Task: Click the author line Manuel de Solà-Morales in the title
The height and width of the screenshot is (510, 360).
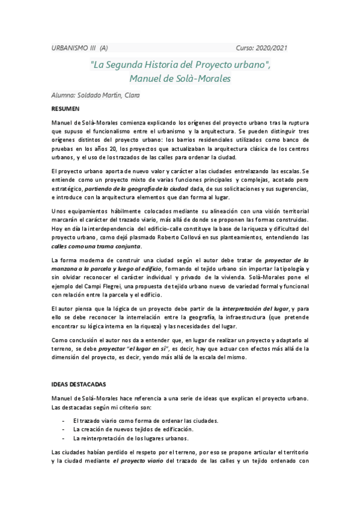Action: point(180,78)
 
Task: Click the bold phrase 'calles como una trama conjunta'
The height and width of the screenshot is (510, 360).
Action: point(96,247)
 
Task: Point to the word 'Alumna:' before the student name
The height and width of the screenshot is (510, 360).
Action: point(64,95)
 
